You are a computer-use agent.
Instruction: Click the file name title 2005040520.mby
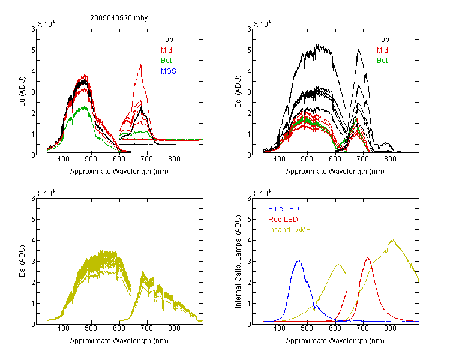point(119,18)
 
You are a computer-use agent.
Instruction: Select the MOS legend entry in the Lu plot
point(169,71)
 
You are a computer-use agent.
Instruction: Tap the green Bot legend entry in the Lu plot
point(166,61)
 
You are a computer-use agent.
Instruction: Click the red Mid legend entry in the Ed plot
point(382,50)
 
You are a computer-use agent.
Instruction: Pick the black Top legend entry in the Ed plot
point(383,40)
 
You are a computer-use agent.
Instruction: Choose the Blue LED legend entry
point(284,209)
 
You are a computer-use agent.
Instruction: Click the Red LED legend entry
point(283,220)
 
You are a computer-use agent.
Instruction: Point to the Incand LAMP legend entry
point(289,230)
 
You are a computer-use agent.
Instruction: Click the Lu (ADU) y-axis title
point(22,92)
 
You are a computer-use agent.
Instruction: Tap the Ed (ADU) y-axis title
point(238,92)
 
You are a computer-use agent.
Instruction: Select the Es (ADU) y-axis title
point(22,261)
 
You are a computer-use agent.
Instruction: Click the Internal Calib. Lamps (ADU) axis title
point(238,262)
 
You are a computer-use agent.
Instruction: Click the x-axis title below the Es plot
point(119,341)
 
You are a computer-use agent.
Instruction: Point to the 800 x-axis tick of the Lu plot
point(174,159)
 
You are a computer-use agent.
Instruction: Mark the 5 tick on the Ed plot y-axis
point(249,50)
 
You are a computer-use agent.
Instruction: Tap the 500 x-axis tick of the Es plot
point(91,328)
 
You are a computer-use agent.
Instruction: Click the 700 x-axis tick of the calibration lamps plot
point(363,328)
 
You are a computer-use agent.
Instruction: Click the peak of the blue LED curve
point(298,260)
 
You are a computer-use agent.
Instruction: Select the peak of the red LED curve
point(368,258)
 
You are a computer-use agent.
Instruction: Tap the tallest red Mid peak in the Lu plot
point(141,65)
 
